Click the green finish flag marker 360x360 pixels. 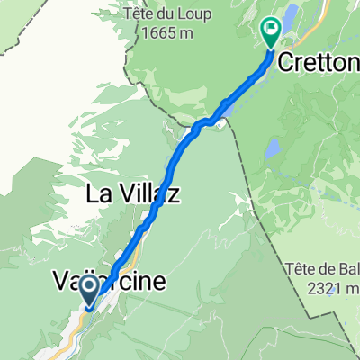(x=271, y=32)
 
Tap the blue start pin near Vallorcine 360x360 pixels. (x=91, y=290)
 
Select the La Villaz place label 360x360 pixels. (x=133, y=193)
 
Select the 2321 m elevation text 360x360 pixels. (x=331, y=287)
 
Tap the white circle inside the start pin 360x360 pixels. (x=91, y=287)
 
